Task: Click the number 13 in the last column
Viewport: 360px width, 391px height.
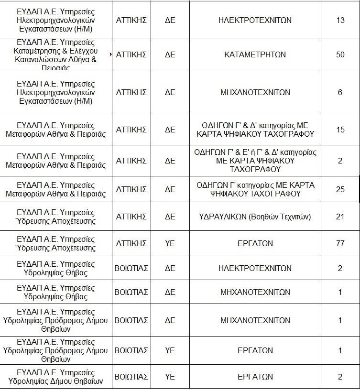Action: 340,21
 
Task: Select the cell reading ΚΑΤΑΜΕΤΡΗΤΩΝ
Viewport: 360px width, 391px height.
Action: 255,54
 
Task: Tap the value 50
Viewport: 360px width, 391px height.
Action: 340,54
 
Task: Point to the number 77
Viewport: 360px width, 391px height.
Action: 340,243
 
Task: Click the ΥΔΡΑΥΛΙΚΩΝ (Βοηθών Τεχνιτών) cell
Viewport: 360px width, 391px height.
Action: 255,217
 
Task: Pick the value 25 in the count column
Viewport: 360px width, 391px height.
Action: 340,189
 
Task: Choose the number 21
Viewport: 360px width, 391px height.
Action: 340,217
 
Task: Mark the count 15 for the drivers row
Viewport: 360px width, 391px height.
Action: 340,130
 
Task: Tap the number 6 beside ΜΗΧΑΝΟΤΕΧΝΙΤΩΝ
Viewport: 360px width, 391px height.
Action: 340,92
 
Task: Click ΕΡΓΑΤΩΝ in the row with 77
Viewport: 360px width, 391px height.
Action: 255,243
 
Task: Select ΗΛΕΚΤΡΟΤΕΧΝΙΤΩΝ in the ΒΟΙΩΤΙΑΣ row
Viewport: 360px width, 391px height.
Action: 255,268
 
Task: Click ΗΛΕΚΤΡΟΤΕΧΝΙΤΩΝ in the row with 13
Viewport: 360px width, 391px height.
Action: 255,21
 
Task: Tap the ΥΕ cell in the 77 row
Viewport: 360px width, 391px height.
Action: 170,243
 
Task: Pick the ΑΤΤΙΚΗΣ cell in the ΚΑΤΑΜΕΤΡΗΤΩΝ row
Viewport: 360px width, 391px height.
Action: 131,54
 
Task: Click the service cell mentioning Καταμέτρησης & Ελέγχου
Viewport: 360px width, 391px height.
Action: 56,54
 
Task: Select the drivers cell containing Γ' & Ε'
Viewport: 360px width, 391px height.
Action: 255,161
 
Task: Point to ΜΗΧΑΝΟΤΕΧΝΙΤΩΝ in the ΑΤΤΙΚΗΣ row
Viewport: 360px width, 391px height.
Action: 255,92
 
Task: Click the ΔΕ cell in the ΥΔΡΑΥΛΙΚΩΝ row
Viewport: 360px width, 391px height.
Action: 170,217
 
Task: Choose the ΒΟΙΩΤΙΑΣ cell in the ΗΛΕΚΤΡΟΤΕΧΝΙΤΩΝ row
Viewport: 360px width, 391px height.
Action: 131,268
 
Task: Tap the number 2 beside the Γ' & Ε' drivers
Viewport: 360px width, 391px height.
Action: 340,161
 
